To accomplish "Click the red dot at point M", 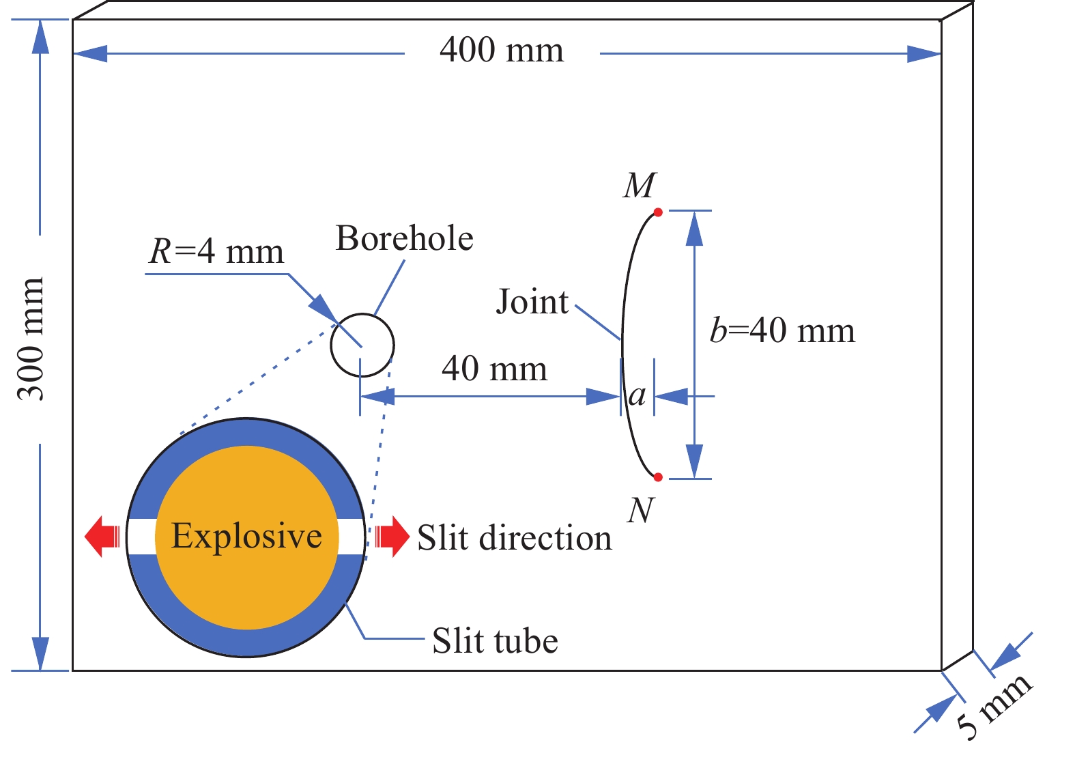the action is click(x=658, y=212).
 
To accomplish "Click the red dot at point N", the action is click(x=658, y=477).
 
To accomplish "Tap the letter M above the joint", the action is click(x=640, y=185).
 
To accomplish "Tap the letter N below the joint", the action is click(x=641, y=510).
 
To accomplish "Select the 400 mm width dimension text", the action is click(x=502, y=50).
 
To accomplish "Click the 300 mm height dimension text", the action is click(x=31, y=339).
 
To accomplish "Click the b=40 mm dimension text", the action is click(x=782, y=330).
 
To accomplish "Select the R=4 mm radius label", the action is click(x=216, y=251).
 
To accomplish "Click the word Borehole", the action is click(x=405, y=238).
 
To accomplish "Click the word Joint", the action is click(x=532, y=301).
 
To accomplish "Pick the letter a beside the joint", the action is click(x=637, y=396).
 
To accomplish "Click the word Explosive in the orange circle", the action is click(x=246, y=536).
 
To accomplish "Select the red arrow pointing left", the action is click(x=102, y=537).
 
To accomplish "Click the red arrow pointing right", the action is click(x=392, y=537).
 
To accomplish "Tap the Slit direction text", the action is click(x=515, y=537).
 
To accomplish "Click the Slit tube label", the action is click(x=496, y=641).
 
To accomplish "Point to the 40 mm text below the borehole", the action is click(x=494, y=369).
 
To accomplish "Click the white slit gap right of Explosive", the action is click(x=352, y=537).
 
